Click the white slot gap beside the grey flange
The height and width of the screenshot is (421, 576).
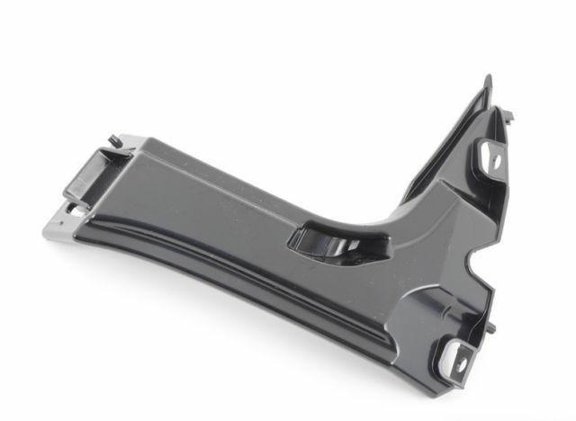[x=73, y=208]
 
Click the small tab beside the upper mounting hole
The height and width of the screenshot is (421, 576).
[x=510, y=116]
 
